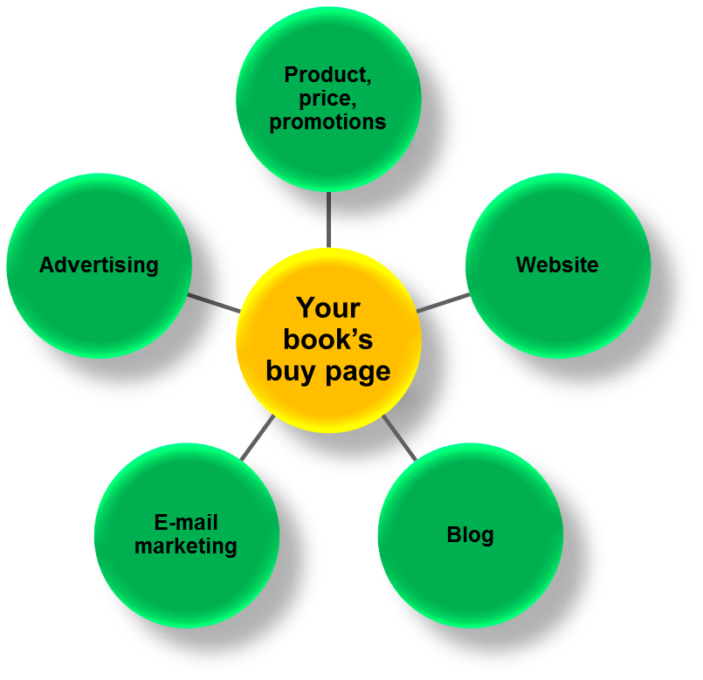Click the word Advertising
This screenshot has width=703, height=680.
click(x=99, y=264)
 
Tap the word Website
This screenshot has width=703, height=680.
click(x=557, y=264)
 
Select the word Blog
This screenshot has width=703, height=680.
click(x=470, y=534)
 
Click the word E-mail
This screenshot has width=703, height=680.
click(x=186, y=523)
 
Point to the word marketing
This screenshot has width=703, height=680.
click(x=186, y=546)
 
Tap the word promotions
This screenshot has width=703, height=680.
click(x=327, y=122)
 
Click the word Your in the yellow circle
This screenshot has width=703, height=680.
click(x=327, y=307)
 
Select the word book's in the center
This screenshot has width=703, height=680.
click(x=327, y=340)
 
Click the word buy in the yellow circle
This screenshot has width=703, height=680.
click(x=292, y=372)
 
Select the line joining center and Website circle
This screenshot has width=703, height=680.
click(x=442, y=303)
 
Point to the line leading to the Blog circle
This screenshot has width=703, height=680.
click(x=399, y=436)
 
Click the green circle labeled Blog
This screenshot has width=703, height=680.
click(x=470, y=576)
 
